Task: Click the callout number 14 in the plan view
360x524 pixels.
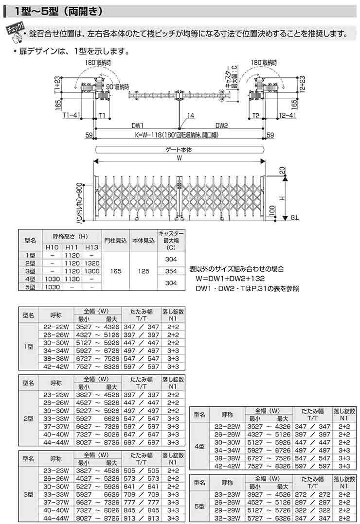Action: (190, 116)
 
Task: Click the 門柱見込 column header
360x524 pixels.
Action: (115, 239)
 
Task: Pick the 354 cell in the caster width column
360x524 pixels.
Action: (171, 271)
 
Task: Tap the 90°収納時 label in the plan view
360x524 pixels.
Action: (118, 86)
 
